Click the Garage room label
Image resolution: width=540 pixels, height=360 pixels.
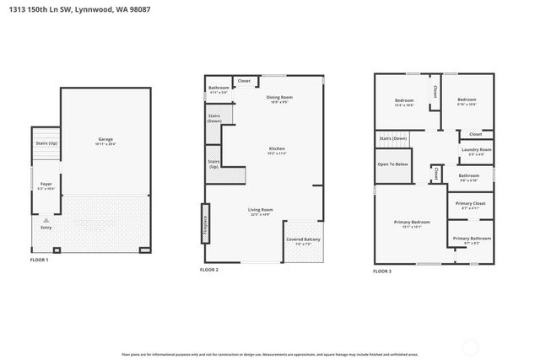click(x=105, y=139)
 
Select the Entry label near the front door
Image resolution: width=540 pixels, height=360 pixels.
click(x=46, y=226)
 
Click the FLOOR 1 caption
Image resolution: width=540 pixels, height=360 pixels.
click(x=39, y=261)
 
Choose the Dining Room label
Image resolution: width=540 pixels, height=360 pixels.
click(x=279, y=98)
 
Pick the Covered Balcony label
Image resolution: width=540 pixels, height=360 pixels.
click(x=301, y=239)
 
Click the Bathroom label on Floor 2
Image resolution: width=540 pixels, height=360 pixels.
click(x=219, y=87)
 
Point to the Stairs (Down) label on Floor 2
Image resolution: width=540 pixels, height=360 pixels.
click(x=214, y=119)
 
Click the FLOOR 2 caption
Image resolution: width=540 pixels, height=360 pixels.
click(x=209, y=270)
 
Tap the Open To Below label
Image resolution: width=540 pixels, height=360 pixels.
click(x=392, y=164)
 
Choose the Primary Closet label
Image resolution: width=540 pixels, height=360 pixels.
click(x=469, y=203)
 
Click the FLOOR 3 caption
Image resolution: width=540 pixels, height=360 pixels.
click(x=382, y=271)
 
